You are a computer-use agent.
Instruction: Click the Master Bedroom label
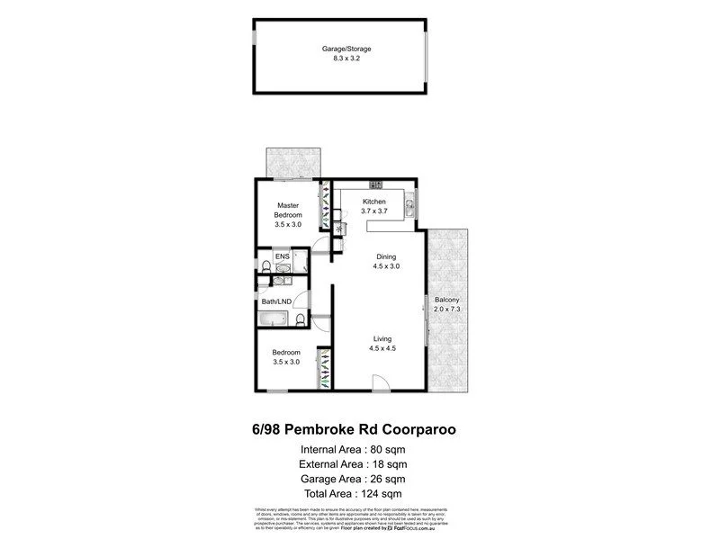click(288, 211)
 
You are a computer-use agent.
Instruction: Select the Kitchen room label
click(374, 201)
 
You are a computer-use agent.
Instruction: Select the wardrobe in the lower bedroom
click(324, 366)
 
